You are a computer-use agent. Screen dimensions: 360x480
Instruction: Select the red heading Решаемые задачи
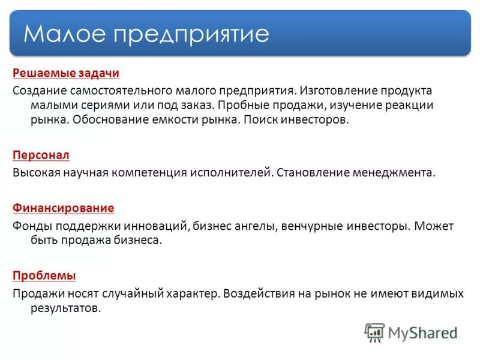point(66,73)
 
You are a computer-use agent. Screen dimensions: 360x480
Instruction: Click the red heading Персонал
point(41,155)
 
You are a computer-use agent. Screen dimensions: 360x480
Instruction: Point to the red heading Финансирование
point(63,208)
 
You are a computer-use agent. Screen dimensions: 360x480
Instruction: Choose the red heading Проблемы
point(44,276)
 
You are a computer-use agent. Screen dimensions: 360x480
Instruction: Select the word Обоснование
point(112,119)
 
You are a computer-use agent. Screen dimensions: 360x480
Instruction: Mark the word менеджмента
point(394,173)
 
